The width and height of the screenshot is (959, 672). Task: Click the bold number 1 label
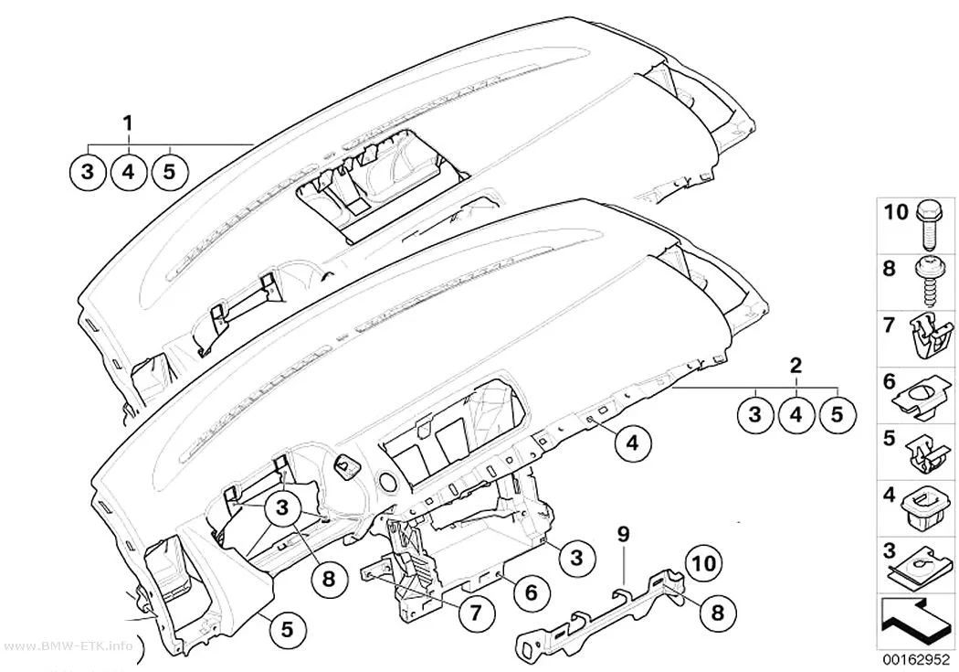point(128,124)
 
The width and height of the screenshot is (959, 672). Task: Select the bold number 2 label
point(796,366)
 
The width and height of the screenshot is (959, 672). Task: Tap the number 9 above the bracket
point(623,534)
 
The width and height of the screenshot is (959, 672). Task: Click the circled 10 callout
point(704,563)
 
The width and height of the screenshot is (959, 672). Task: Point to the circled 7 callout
point(476,615)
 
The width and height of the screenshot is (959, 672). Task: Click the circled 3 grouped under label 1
point(88,172)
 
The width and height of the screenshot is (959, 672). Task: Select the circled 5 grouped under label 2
point(836,414)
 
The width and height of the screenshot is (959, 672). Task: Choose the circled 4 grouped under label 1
point(128,172)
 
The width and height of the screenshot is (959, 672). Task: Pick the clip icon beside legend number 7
point(931,336)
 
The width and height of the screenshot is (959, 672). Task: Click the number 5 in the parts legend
point(890,438)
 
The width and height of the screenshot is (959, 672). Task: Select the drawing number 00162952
point(915,660)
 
